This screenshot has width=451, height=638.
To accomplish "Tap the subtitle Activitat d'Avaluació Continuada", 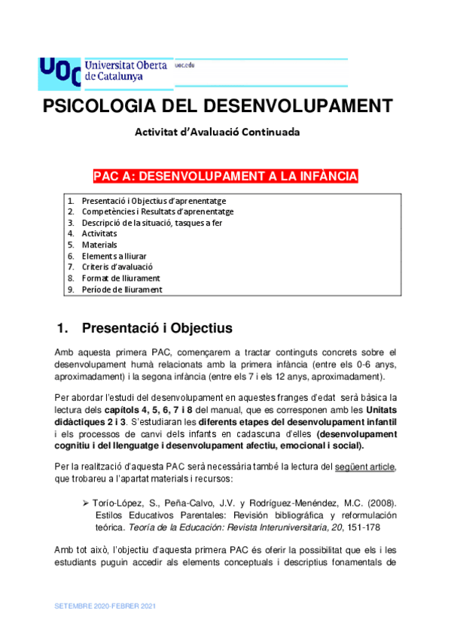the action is pos(217,132).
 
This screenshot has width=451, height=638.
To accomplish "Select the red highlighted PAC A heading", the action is pos(225,177).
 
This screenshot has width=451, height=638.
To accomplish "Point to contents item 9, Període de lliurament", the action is pos(121,289).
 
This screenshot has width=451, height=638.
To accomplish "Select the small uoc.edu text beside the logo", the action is pos(184,65).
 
